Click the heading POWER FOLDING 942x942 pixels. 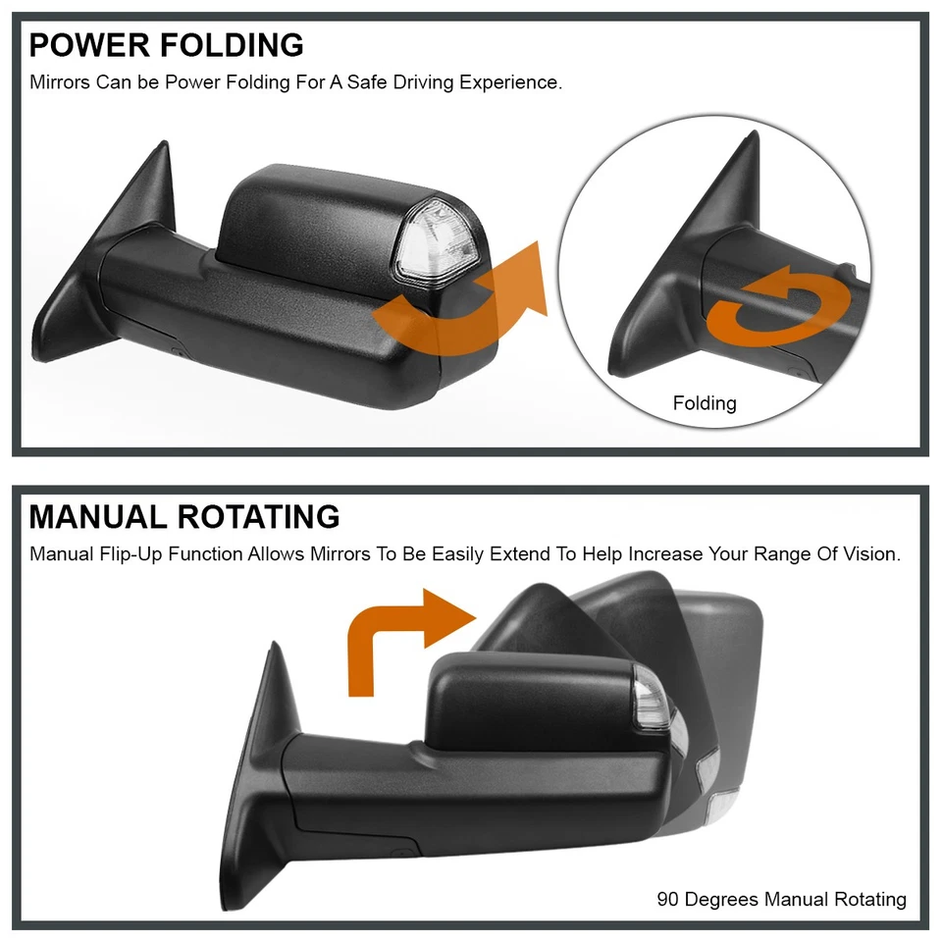click(166, 45)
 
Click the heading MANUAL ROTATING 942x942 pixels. click(184, 516)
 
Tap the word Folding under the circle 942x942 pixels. click(705, 403)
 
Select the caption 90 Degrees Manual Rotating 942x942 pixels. click(781, 899)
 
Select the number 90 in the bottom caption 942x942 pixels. click(668, 899)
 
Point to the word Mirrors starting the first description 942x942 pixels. click(61, 82)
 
